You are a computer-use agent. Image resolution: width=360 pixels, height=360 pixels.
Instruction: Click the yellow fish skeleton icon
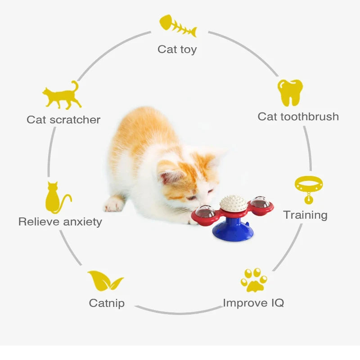pos(178,26)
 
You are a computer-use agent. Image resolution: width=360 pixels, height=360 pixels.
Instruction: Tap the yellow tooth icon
pos(290,93)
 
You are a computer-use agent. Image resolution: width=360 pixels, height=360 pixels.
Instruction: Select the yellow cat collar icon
pos(309,189)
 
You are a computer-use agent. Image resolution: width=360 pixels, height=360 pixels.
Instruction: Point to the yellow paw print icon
pos(254,280)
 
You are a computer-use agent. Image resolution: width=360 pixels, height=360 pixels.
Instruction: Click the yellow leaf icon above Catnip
pos(105,280)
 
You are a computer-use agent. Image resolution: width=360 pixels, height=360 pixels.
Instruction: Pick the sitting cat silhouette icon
pos(58,198)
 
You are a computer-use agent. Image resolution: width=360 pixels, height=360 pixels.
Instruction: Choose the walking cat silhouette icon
pos(62,95)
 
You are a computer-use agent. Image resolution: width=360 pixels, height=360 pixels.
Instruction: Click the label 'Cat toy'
pos(177,49)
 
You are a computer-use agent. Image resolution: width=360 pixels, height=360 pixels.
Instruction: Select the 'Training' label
pos(306,215)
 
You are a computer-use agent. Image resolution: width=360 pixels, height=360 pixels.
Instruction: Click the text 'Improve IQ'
pos(253,303)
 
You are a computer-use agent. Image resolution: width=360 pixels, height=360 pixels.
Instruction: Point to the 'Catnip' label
pos(107,303)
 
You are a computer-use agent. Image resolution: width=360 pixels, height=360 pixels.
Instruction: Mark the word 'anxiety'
pos(82,222)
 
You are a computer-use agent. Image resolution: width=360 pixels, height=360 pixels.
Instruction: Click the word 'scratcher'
pos(75,120)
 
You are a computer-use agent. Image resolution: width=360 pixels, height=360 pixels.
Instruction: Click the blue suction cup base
pos(233,230)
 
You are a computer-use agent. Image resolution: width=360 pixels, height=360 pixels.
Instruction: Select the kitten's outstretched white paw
pos(114,204)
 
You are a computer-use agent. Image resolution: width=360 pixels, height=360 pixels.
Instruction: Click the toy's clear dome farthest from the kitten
pos(260,202)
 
